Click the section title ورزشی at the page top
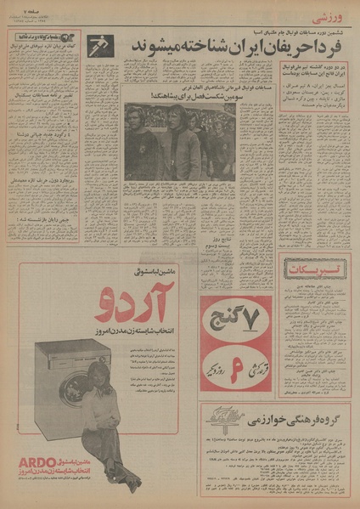334,16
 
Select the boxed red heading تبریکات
314,270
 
